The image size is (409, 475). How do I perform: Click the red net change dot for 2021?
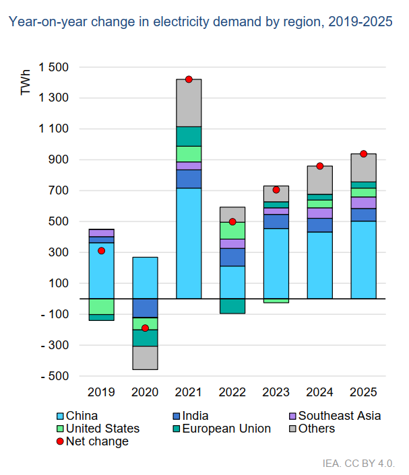click(x=189, y=79)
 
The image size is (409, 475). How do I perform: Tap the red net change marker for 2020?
click(x=145, y=328)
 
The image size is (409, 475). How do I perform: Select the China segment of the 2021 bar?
click(x=189, y=243)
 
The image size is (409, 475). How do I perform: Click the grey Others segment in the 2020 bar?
click(x=145, y=357)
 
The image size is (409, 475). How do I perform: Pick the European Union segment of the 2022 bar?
click(x=232, y=306)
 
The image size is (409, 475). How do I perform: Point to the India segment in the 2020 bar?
click(x=145, y=307)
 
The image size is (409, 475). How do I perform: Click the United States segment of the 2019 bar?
click(x=101, y=306)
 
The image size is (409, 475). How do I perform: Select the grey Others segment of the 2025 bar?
click(x=364, y=168)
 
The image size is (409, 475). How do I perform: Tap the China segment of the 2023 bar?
click(x=276, y=263)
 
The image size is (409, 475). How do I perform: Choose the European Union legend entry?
click(x=222, y=429)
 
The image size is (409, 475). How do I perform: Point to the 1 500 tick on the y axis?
click(x=53, y=67)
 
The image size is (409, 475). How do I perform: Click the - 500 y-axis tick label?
click(x=55, y=376)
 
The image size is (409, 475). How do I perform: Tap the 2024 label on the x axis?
click(x=320, y=392)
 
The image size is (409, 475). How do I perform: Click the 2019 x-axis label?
click(x=101, y=392)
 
